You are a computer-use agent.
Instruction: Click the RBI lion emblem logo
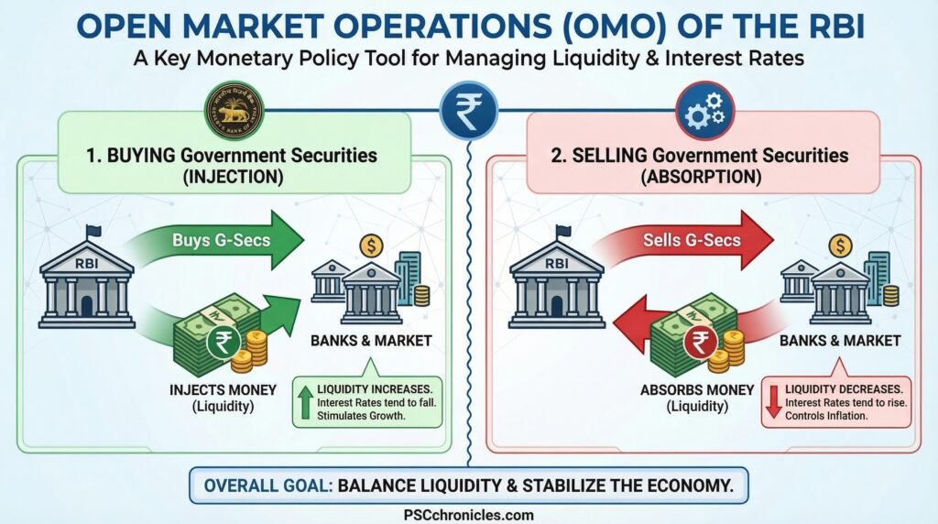233,111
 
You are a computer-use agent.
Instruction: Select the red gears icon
705,113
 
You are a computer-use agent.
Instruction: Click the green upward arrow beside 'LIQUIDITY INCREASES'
305,401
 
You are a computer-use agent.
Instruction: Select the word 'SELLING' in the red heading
609,155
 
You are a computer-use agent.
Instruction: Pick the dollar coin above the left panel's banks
370,245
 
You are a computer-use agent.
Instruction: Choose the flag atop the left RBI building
92,231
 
